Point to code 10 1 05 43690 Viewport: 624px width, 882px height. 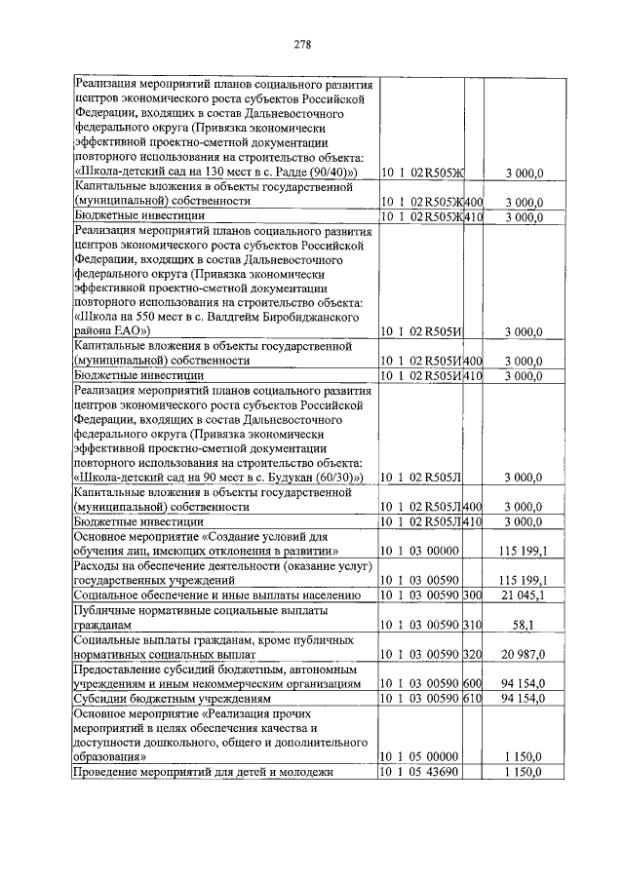point(420,773)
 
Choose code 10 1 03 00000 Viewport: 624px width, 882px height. point(420,552)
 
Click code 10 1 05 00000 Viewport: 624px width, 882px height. point(420,756)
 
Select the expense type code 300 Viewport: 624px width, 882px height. point(473,594)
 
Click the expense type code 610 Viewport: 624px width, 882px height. point(473,701)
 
